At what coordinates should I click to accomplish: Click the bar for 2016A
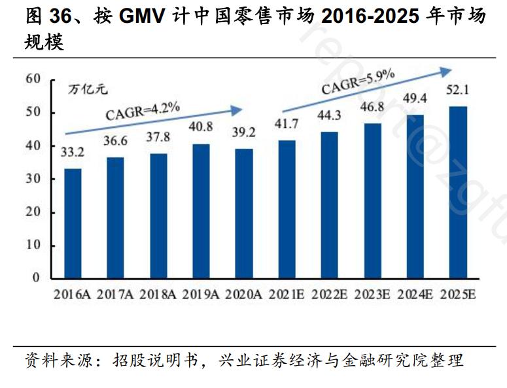click(73, 223)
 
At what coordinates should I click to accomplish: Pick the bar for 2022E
click(329, 204)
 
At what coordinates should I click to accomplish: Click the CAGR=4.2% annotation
click(143, 110)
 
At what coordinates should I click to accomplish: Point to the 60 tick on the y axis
click(33, 79)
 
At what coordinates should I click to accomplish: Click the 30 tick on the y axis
click(33, 178)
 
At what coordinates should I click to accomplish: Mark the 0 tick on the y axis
click(37, 278)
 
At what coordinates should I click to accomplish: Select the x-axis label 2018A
click(158, 295)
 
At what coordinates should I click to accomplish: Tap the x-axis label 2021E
click(287, 295)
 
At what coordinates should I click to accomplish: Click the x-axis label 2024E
click(415, 295)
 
